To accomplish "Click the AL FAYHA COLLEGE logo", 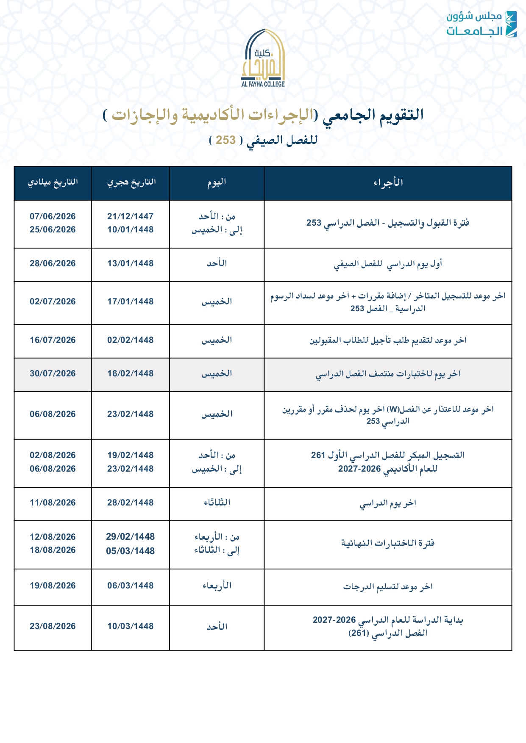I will (263, 58).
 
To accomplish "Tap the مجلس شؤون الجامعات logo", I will (481, 24).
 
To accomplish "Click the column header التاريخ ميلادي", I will (53, 182).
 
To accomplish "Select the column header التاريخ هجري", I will (131, 182).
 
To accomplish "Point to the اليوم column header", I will (217, 182).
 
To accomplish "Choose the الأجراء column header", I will (388, 182).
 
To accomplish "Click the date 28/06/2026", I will (53, 263).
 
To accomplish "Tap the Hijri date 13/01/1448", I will (131, 263).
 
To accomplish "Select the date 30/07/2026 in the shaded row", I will (53, 373).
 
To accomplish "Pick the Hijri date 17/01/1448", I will (131, 301).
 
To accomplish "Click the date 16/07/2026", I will (53, 340).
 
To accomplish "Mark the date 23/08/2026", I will (53, 626).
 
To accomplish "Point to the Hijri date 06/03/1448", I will (131, 586).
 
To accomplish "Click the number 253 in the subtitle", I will (225, 140).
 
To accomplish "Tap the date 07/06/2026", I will (53, 216).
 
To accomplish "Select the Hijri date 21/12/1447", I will (131, 216).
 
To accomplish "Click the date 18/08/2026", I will (53, 550).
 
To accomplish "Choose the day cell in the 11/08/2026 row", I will (217, 503).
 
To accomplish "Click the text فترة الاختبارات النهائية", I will (388, 543).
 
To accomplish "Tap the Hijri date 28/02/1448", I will (131, 503).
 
